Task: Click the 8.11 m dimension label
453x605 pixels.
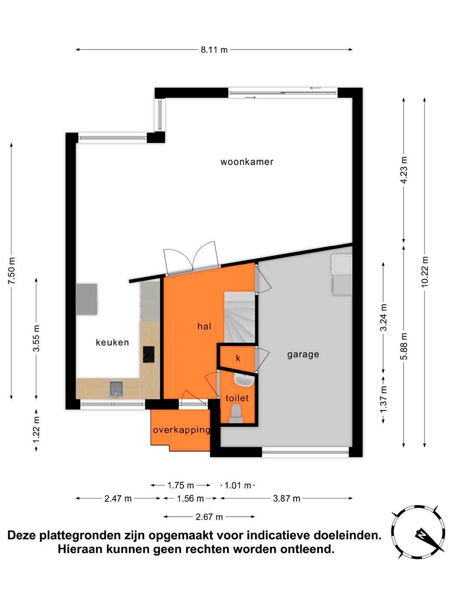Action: tap(214, 50)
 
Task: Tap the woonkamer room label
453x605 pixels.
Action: tap(247, 162)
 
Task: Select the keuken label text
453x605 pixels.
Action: tap(112, 342)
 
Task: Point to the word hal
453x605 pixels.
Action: tap(204, 327)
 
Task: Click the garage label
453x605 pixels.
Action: tap(303, 355)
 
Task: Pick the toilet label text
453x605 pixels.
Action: tap(237, 398)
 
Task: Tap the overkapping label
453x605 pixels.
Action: tap(181, 430)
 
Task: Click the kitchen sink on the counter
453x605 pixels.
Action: tap(117, 388)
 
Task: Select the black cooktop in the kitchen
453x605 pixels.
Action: tap(148, 355)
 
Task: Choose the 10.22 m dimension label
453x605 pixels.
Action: tap(425, 272)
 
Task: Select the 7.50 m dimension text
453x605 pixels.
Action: tap(11, 271)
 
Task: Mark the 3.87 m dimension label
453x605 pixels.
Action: tap(286, 498)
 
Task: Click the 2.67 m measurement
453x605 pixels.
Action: tap(209, 517)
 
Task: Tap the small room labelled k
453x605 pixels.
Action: tap(238, 358)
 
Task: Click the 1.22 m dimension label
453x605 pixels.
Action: tap(36, 429)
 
